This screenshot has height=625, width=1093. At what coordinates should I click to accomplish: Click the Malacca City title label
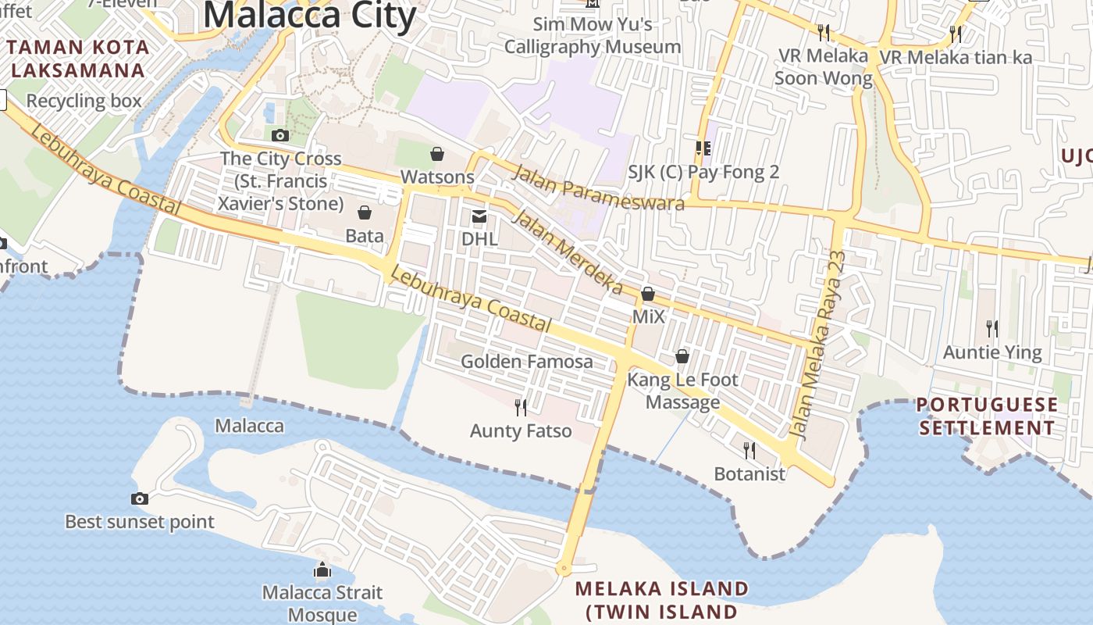(309, 15)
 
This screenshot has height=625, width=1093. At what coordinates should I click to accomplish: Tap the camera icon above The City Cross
(280, 135)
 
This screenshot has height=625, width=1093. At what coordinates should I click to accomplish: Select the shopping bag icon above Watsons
(437, 154)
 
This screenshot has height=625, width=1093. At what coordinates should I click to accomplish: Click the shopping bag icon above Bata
(365, 212)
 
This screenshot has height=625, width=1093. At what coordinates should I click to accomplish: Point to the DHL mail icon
(479, 216)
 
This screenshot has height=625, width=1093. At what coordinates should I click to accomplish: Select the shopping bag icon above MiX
(648, 295)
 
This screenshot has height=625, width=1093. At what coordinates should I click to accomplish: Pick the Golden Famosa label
(527, 362)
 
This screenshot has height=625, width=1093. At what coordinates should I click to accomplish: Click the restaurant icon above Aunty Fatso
(521, 407)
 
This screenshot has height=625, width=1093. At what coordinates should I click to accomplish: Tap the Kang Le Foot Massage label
(682, 391)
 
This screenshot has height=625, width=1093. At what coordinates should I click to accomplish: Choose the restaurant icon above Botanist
(749, 450)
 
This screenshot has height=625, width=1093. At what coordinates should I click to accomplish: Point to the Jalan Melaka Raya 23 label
(818, 344)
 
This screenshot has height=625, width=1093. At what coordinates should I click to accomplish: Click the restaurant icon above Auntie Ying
(992, 328)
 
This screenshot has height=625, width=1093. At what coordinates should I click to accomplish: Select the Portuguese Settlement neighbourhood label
(987, 416)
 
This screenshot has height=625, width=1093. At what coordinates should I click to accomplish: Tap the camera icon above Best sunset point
(140, 498)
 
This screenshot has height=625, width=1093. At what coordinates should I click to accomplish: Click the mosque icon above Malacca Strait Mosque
(322, 570)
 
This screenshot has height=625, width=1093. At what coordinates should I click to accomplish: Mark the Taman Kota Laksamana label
(78, 59)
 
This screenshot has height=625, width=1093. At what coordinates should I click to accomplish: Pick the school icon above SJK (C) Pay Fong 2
(703, 148)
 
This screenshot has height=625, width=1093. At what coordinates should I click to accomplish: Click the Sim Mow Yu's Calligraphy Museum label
(593, 35)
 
